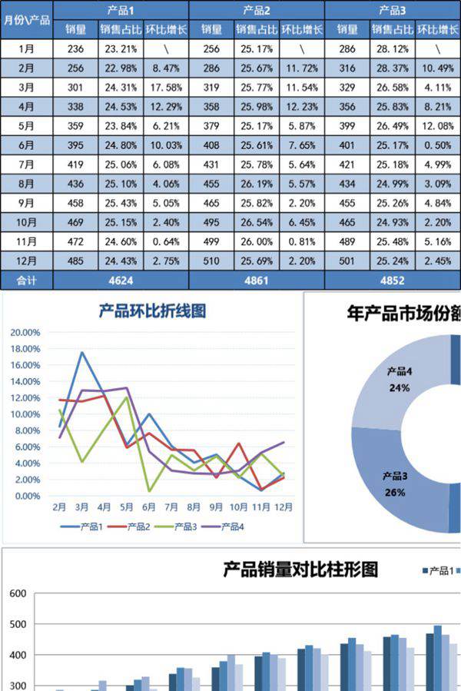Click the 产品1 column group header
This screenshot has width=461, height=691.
pos(121,10)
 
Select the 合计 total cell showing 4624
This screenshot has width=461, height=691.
pos(121,281)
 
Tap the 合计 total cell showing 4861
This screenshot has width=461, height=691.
pos(257,281)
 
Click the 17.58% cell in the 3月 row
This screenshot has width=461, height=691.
pos(165,87)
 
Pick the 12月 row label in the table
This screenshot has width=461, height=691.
pos(26,261)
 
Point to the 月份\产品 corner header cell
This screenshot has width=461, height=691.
pos(26,20)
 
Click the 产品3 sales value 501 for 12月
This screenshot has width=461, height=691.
pos(347,261)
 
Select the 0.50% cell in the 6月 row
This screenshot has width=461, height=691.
pos(437,145)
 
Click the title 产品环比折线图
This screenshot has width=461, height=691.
pos(152,311)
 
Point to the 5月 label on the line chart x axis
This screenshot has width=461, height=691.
pos(127,507)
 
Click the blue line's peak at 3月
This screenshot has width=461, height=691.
pos(81,352)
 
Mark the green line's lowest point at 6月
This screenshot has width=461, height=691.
pos(149,491)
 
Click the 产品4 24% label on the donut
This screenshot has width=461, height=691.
pos(399,380)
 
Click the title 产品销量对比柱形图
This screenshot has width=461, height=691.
pos(300,570)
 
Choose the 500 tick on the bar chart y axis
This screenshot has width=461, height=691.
pos(18,624)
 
